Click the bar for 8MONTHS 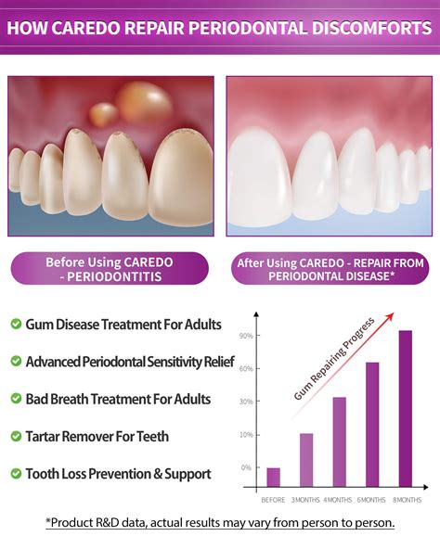click(x=406, y=408)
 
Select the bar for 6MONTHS click(x=372, y=424)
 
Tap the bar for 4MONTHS click(x=340, y=441)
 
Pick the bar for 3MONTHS click(x=306, y=460)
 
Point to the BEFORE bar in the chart click(x=273, y=477)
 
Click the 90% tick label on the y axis click(x=246, y=336)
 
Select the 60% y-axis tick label click(x=246, y=368)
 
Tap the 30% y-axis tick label click(x=246, y=402)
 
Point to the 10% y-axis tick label click(x=246, y=434)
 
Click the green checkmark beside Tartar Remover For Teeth click(x=16, y=436)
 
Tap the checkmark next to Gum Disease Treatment click(x=16, y=324)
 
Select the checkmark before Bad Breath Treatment click(x=16, y=399)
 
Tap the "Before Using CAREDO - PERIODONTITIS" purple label click(x=110, y=270)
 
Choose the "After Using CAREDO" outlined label click(x=330, y=270)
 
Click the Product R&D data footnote click(x=220, y=522)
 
